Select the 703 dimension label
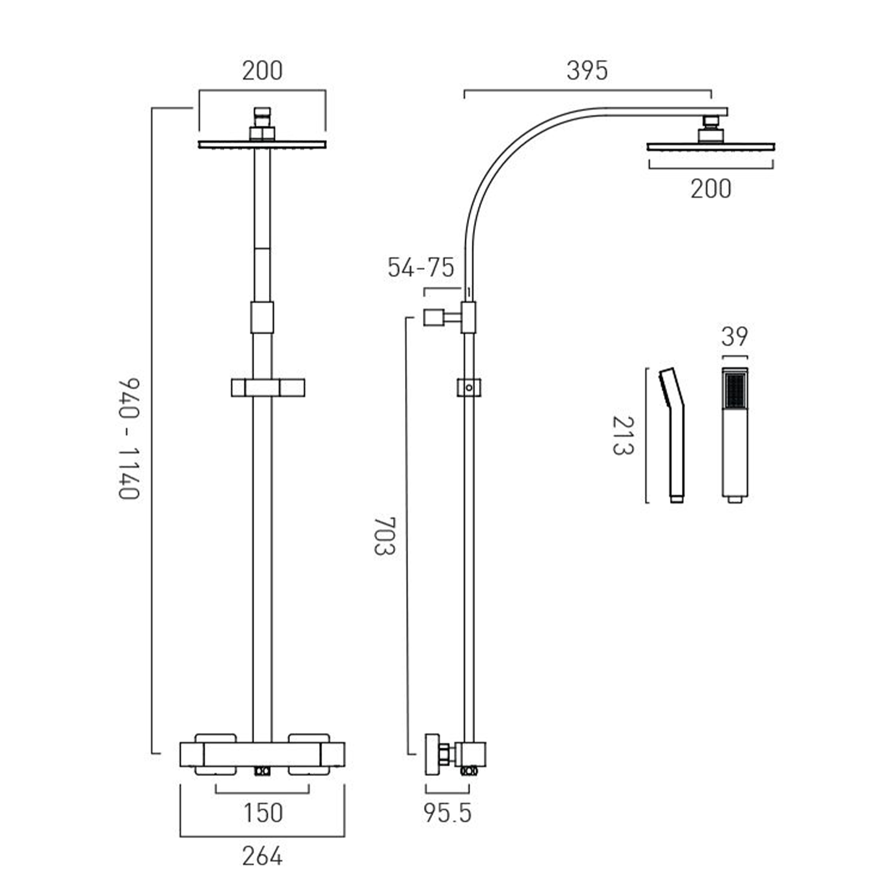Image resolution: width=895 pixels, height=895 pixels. pyautogui.click(x=384, y=536)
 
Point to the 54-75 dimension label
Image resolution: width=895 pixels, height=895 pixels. pyautogui.click(x=421, y=268)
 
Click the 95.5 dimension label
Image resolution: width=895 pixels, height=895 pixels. pyautogui.click(x=447, y=813)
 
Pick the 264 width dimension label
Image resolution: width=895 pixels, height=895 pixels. pyautogui.click(x=262, y=856)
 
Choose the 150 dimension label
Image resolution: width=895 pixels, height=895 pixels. pyautogui.click(x=263, y=813)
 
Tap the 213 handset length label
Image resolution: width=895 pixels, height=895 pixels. pyautogui.click(x=622, y=436)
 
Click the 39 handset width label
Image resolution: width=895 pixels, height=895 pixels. pyautogui.click(x=734, y=337)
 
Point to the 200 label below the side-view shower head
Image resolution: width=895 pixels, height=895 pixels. pyautogui.click(x=711, y=189)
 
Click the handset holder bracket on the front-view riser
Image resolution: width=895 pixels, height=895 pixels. pyautogui.click(x=267, y=387)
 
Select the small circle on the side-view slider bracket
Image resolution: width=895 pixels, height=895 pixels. pyautogui.click(x=469, y=388)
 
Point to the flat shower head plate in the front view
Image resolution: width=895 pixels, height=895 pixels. pyautogui.click(x=262, y=145)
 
